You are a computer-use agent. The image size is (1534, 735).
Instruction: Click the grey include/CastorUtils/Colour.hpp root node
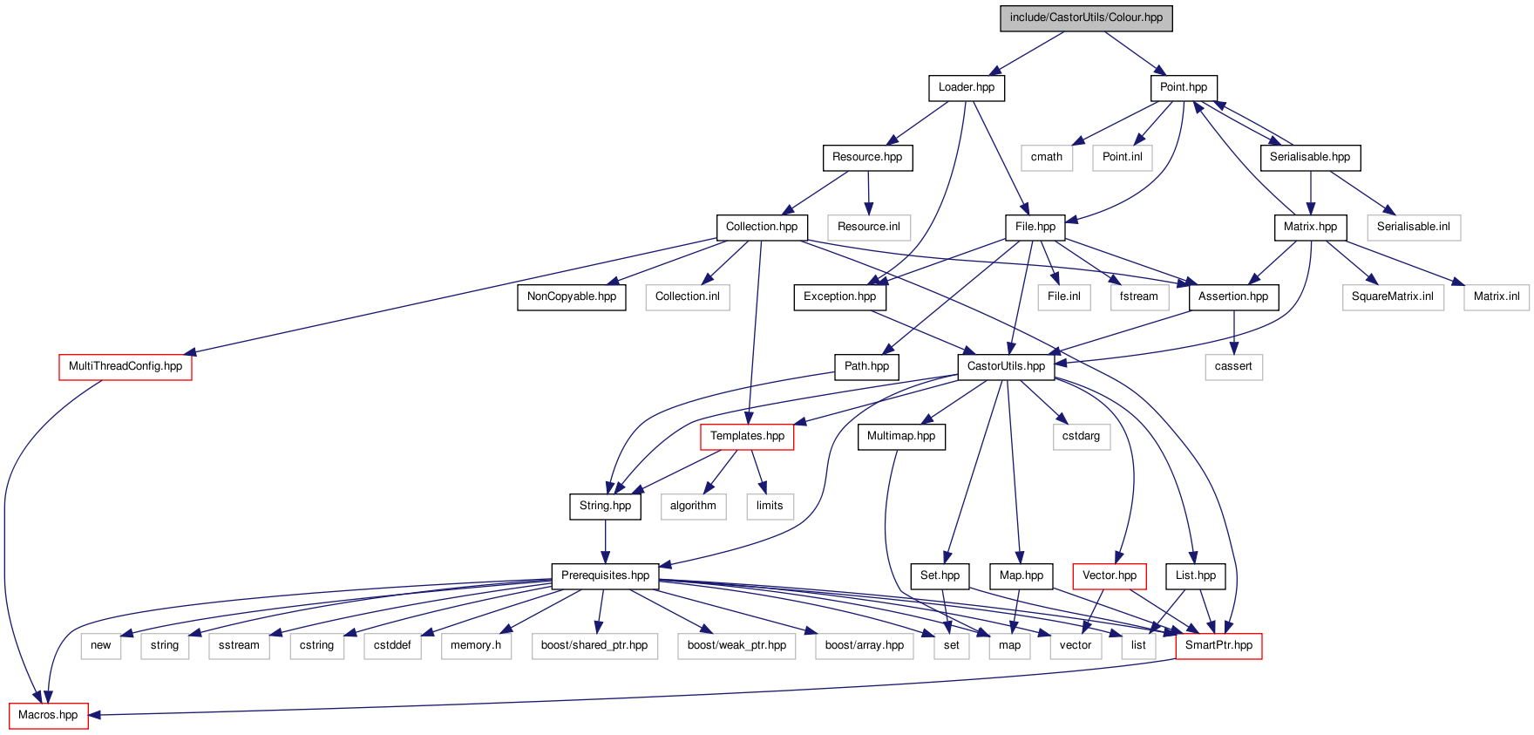click(1086, 17)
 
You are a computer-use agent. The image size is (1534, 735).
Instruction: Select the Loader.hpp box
click(966, 87)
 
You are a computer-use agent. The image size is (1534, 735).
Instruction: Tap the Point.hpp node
click(1183, 87)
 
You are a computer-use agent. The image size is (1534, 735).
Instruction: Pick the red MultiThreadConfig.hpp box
click(125, 366)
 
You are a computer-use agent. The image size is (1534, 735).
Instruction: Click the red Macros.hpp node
click(48, 715)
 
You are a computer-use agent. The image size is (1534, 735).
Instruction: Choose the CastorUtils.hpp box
click(1006, 366)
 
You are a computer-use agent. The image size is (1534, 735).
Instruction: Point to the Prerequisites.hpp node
click(605, 575)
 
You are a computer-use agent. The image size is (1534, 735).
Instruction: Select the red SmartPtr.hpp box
click(1218, 645)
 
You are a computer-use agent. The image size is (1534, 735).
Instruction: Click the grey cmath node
click(1046, 157)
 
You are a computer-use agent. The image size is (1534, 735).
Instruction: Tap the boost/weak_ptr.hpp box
click(736, 645)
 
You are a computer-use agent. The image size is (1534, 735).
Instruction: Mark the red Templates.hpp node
click(747, 436)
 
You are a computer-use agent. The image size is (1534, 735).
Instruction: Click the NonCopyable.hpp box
click(571, 296)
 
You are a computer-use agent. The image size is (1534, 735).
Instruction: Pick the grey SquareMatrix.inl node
click(1392, 296)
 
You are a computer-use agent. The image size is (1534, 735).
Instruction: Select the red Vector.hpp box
click(1109, 575)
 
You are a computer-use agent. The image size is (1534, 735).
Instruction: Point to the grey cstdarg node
click(1081, 436)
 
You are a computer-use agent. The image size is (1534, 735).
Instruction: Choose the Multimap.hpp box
click(900, 436)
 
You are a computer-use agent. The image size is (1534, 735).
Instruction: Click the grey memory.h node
click(475, 645)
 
